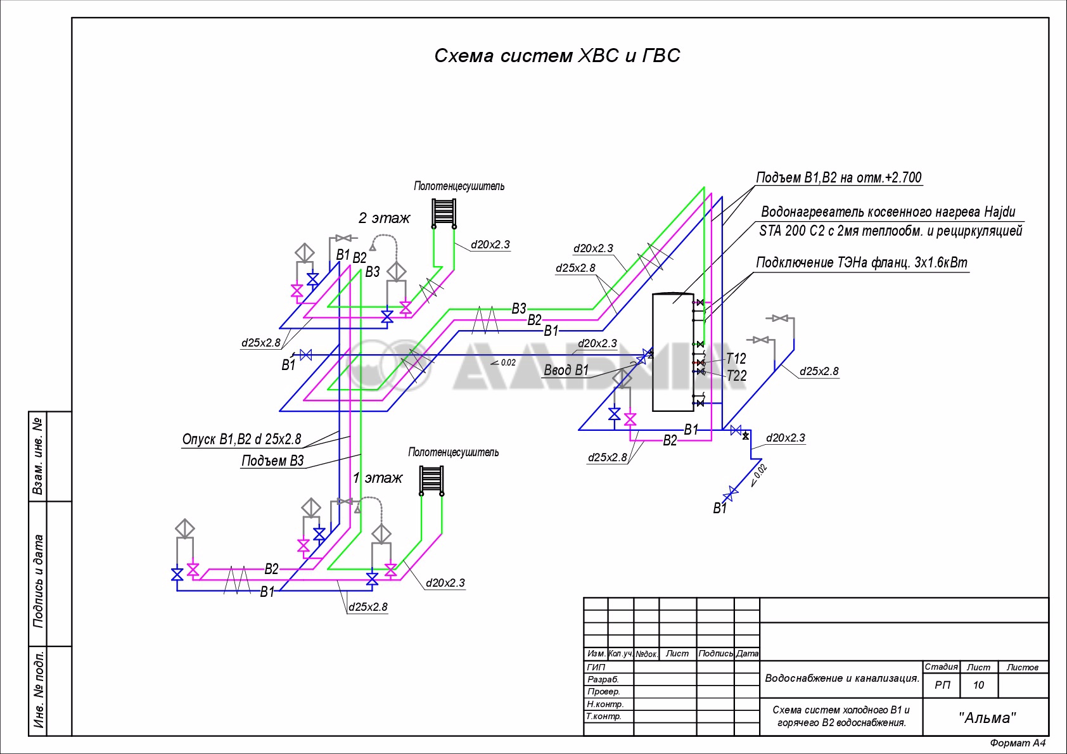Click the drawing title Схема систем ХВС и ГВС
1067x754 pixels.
(x=557, y=56)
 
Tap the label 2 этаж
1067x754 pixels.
(x=384, y=218)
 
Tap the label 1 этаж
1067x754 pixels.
(x=377, y=478)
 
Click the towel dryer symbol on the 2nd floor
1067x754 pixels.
(x=444, y=214)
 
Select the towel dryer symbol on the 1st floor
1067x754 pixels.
(x=431, y=481)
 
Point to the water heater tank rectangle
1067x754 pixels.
(x=673, y=352)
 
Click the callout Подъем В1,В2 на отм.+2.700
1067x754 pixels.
(x=839, y=177)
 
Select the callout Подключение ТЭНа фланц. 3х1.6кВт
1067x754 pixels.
(x=862, y=262)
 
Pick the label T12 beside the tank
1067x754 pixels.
(x=736, y=358)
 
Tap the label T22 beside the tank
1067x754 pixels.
(x=736, y=376)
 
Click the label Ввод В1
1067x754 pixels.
(x=566, y=370)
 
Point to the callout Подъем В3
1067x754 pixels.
(x=272, y=461)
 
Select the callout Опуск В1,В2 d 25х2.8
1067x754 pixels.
(x=241, y=439)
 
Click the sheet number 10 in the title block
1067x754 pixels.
(x=978, y=685)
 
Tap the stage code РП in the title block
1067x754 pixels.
(x=942, y=685)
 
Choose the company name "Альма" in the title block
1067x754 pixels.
(x=987, y=717)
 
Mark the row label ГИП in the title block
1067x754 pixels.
(x=596, y=667)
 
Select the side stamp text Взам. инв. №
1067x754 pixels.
(x=37, y=456)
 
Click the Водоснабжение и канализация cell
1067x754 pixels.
(x=841, y=678)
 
